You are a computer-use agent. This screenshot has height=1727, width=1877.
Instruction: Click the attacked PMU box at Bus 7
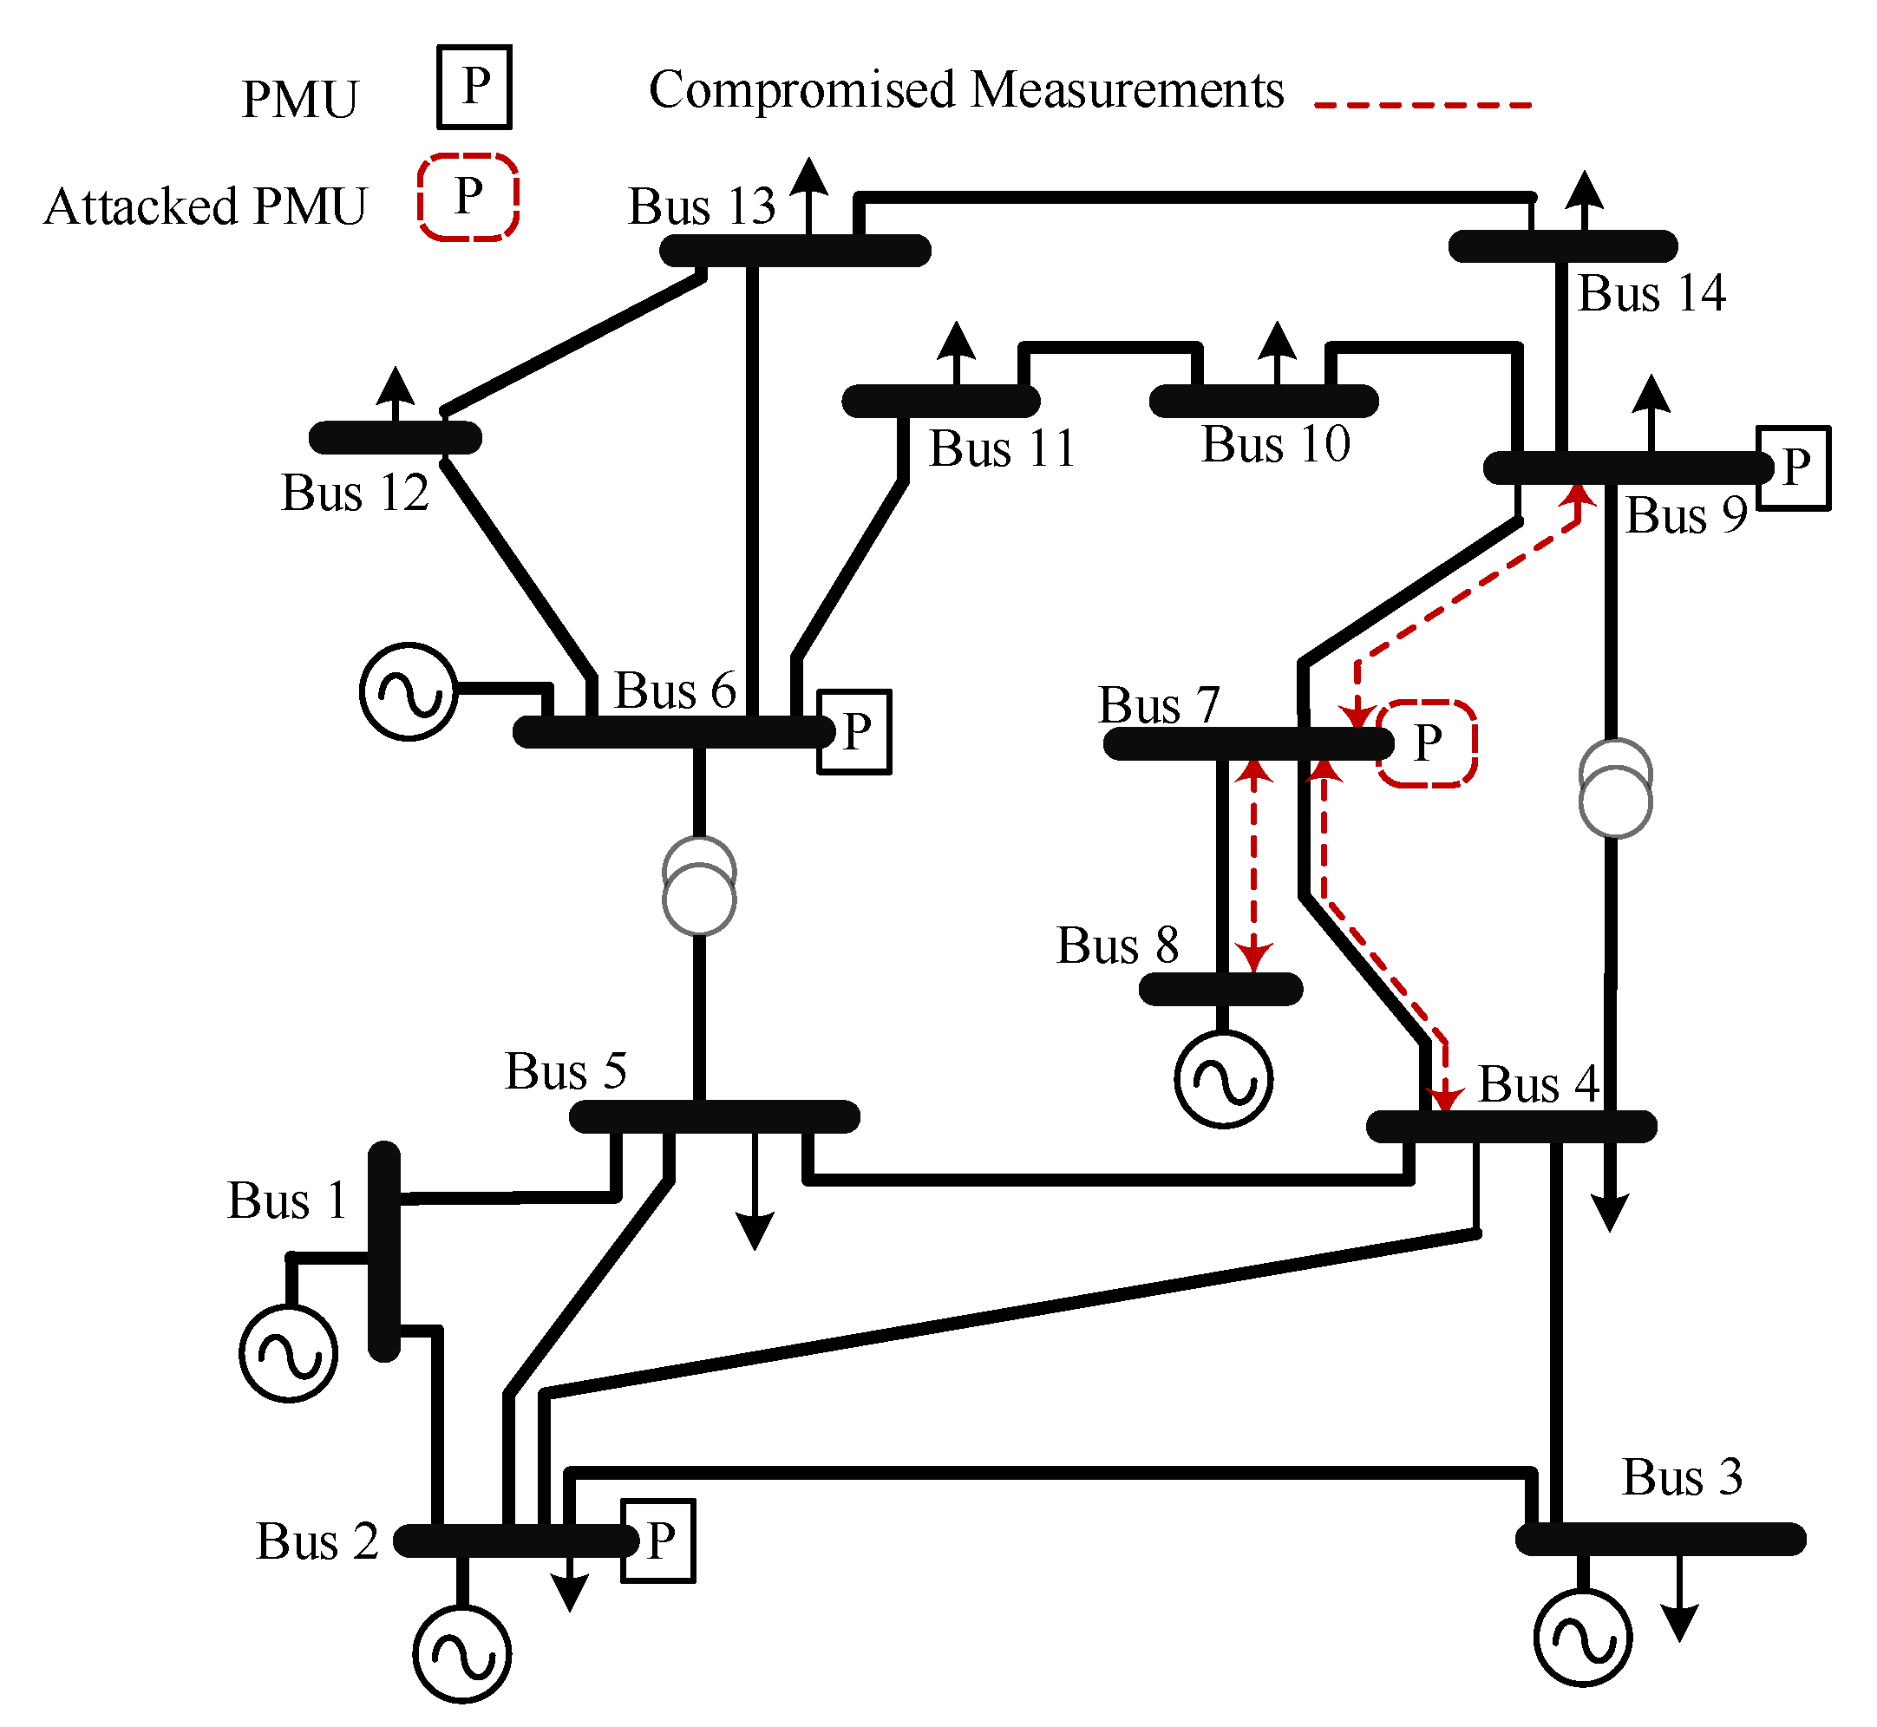tap(1428, 744)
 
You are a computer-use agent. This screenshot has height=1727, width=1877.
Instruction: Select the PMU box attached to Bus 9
tap(1794, 468)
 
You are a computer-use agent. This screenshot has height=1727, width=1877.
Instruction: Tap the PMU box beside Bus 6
tap(855, 733)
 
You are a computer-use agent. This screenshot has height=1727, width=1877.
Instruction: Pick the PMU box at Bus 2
tap(658, 1541)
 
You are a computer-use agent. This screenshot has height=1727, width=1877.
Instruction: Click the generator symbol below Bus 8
tap(1224, 1079)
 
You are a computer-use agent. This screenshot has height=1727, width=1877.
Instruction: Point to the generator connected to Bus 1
tap(289, 1353)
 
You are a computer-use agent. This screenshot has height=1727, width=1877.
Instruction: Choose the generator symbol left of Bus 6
tap(409, 691)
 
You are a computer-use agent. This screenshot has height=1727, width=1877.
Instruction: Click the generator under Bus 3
tap(1584, 1638)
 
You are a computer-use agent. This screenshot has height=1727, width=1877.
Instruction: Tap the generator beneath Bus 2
tap(462, 1654)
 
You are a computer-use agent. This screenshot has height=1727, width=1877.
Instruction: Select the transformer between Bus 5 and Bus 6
tap(700, 886)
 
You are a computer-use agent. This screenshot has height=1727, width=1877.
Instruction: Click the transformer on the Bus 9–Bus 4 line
tap(1616, 788)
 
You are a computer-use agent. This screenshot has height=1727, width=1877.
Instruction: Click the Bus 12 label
tap(355, 493)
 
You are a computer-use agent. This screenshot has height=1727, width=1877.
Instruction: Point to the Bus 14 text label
tap(1651, 292)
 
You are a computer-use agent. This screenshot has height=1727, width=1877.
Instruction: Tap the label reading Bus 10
tap(1276, 443)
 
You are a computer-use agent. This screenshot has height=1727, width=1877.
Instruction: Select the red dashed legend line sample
tap(1423, 105)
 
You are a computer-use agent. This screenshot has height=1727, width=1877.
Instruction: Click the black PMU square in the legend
tap(474, 87)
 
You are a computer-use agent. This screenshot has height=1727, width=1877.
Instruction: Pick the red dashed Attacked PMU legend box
tap(468, 197)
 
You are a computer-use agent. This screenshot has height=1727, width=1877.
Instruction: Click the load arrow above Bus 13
tap(809, 196)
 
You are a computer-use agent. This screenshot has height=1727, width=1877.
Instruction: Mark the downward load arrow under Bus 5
tap(755, 1192)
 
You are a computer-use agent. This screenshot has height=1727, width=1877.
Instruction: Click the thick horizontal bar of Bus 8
tap(1221, 990)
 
